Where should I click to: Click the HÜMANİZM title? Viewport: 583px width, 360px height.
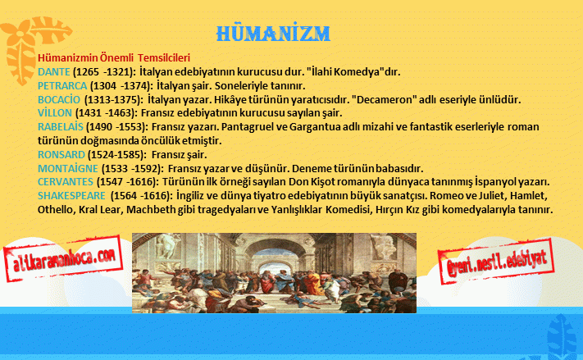(x=273, y=33)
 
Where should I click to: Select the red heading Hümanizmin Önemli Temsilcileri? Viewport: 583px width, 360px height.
(x=114, y=58)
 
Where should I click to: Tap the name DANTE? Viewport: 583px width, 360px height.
(x=54, y=72)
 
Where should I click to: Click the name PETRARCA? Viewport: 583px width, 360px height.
(x=62, y=85)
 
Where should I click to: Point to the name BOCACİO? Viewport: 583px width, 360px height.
(x=59, y=99)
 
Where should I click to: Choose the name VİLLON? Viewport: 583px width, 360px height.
(x=55, y=112)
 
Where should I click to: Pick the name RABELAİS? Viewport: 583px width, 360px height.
(x=60, y=127)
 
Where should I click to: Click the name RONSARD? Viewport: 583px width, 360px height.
(x=61, y=154)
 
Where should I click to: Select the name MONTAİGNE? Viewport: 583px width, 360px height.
(x=68, y=168)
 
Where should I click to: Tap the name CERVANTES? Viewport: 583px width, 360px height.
(x=66, y=182)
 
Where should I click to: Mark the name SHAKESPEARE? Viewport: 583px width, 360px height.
(x=72, y=196)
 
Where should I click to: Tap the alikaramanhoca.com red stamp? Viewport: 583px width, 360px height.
(x=63, y=258)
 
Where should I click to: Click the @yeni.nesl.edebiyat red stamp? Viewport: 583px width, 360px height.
(x=496, y=261)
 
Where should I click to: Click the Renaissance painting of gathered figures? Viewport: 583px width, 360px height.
(x=274, y=273)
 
